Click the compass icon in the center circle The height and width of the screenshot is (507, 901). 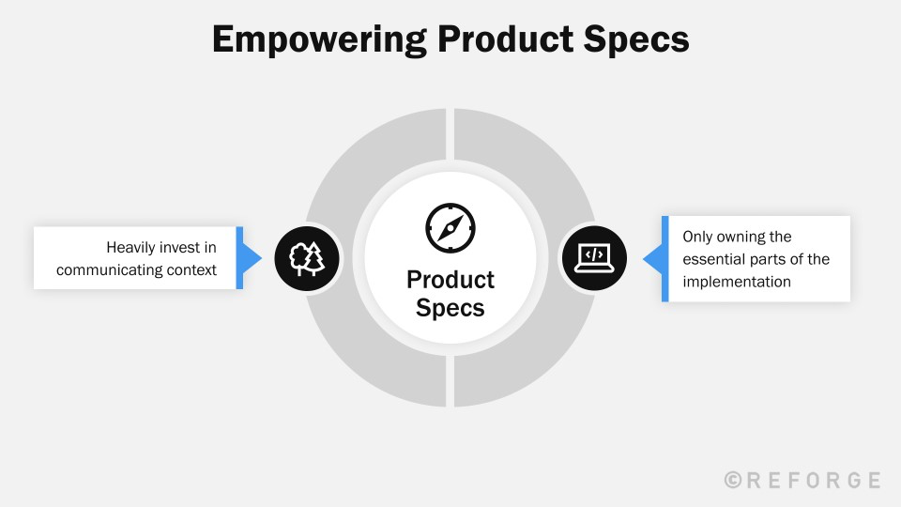point(450,227)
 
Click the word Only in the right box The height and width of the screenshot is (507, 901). point(697,237)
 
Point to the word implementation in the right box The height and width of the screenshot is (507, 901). point(737,282)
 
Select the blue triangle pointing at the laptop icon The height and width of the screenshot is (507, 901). point(651,258)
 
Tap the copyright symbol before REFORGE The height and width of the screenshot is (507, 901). point(734,480)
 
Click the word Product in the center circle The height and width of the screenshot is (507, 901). point(450,280)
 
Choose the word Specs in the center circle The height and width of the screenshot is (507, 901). point(450,308)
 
